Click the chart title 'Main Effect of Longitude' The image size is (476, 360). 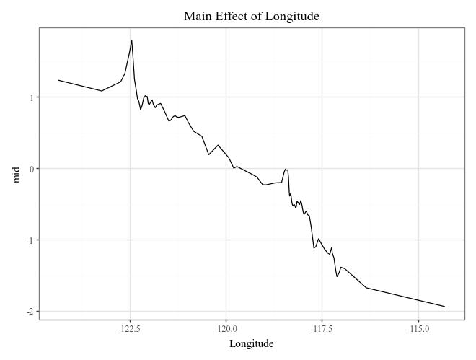point(251,16)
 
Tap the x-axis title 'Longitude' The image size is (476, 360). point(251,343)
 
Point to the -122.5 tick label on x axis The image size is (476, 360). point(130,328)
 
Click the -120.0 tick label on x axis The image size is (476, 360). point(226,328)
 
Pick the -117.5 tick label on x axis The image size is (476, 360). point(322,328)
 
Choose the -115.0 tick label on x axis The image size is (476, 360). point(418,328)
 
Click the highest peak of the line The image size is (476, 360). point(132,40)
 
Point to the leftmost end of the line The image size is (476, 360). point(58,80)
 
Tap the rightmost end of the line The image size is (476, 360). point(444,307)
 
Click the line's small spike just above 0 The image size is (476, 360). point(286,169)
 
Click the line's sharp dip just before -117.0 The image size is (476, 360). point(337,276)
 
